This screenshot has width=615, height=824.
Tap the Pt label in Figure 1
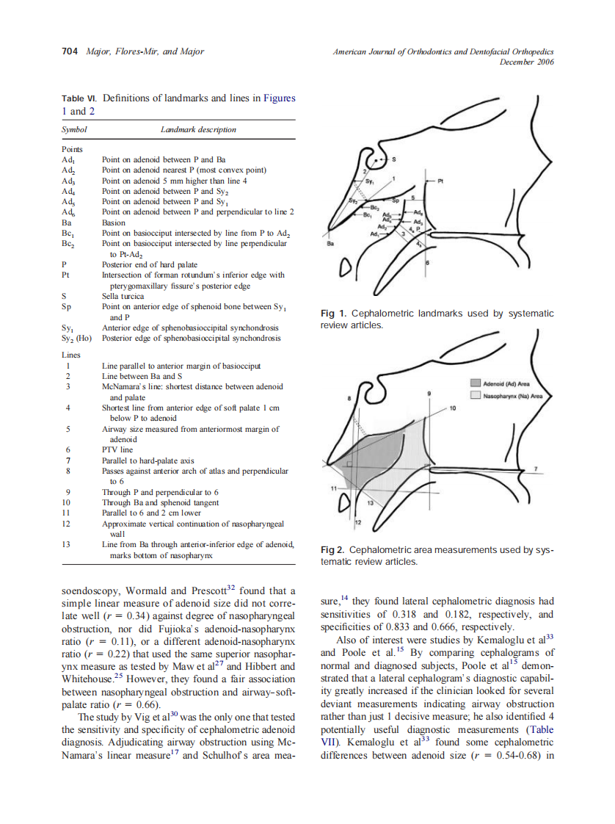[x=441, y=179]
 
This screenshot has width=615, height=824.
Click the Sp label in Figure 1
[x=394, y=200]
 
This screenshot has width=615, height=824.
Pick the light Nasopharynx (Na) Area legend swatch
[x=475, y=395]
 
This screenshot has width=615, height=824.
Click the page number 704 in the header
[x=70, y=51]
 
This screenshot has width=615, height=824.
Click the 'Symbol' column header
[x=74, y=129]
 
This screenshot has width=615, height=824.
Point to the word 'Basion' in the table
[x=114, y=223]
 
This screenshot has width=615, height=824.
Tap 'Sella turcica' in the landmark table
[x=123, y=297]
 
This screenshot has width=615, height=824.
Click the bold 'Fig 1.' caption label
[x=334, y=314]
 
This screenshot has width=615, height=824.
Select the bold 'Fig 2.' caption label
[x=334, y=550]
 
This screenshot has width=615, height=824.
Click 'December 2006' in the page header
[x=526, y=62]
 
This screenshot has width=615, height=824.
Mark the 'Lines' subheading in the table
[x=72, y=355]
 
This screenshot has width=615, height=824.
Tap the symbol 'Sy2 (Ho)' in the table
[x=77, y=339]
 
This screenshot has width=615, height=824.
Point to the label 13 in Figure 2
[x=370, y=503]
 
